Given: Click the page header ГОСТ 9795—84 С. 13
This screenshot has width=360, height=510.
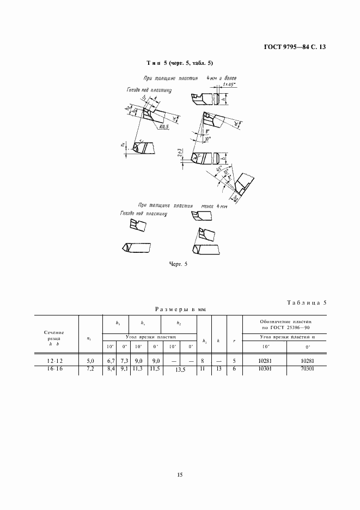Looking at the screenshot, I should coord(295,47).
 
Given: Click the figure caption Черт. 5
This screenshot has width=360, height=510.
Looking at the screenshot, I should coord(179,265).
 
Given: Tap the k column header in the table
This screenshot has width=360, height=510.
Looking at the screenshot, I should coord(218,341).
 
